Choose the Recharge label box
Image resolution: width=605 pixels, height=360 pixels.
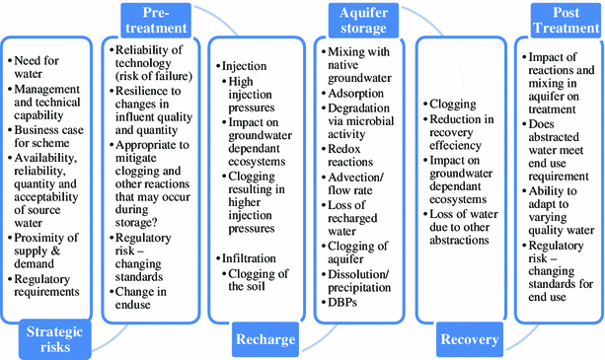pos(265,339)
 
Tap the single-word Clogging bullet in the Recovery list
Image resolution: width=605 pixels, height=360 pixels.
pos(454,103)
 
